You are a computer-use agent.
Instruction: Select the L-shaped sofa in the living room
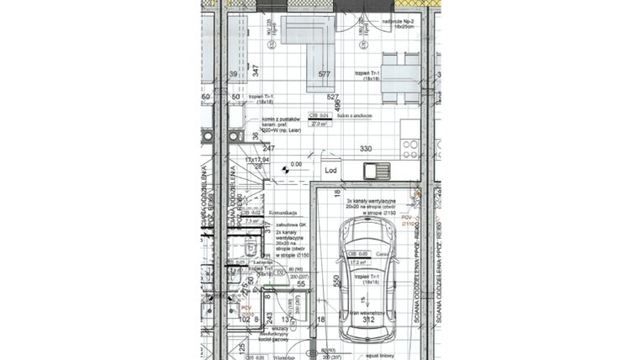(x=308, y=42)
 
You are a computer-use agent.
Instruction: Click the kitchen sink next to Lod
(x=375, y=171)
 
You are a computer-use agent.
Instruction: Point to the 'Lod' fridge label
(x=331, y=170)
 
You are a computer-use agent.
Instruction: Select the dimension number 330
(x=366, y=149)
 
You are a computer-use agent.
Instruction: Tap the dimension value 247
(x=245, y=149)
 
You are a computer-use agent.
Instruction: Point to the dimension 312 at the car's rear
(x=367, y=320)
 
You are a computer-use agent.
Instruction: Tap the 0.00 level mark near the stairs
(x=296, y=165)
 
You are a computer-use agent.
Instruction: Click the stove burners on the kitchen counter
(x=409, y=149)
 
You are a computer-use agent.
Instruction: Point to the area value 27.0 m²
(x=319, y=123)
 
